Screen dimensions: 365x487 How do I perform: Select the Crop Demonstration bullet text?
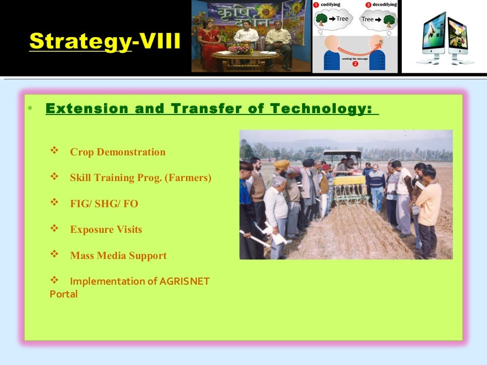click(x=117, y=153)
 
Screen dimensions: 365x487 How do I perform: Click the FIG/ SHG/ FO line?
click(x=104, y=204)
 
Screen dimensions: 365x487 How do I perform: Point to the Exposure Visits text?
click(x=106, y=230)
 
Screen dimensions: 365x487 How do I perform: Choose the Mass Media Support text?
click(x=118, y=256)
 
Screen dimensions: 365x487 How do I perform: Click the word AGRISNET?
click(x=185, y=281)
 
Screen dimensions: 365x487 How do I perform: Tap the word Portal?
click(x=64, y=294)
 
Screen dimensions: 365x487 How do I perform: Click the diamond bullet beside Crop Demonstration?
click(x=54, y=152)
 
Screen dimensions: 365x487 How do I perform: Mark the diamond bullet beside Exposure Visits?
click(x=54, y=229)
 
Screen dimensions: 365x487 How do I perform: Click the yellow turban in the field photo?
click(x=282, y=164)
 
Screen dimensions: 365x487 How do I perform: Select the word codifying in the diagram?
click(x=333, y=4)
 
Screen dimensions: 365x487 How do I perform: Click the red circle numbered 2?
click(x=355, y=64)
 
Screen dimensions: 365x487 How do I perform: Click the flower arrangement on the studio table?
click(x=240, y=48)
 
